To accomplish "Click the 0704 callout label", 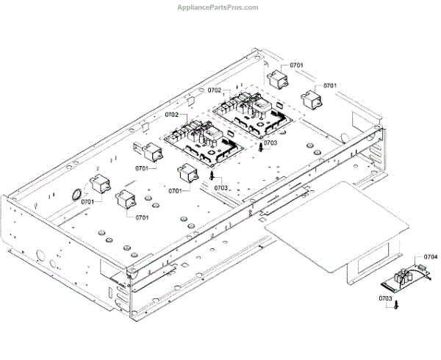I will tap(431, 256).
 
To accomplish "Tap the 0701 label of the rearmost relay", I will tap(296, 65).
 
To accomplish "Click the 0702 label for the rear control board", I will tap(214, 90).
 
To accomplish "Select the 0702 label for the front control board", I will tap(171, 115).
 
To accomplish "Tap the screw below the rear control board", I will tap(261, 146).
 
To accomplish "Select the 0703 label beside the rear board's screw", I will tap(270, 143).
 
